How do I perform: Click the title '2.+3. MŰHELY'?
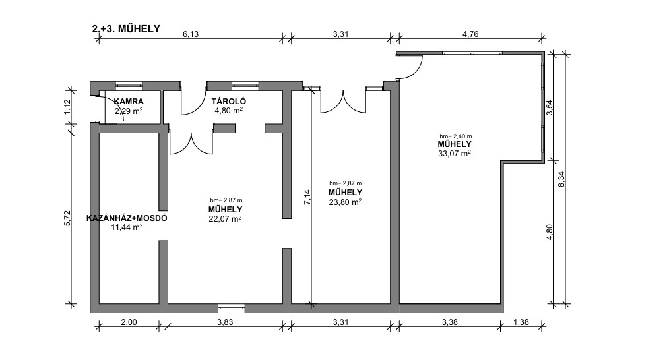(126, 29)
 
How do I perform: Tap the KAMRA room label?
(129, 102)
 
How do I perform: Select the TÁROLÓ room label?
(228, 102)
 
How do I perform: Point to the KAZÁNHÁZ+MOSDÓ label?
(127, 218)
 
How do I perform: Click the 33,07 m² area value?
(454, 153)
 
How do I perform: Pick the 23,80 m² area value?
(345, 202)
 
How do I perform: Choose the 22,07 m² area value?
(225, 218)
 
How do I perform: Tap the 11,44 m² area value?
(127, 227)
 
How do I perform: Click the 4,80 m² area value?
(228, 111)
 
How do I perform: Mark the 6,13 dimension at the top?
(191, 34)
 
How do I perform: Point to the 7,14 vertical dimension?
(307, 197)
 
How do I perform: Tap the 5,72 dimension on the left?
(68, 218)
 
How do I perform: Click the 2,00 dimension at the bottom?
(129, 322)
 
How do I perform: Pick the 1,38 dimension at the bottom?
(521, 322)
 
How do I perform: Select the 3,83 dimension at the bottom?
(225, 322)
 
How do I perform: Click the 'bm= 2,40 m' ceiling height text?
(455, 136)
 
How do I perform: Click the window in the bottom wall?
(232, 309)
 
